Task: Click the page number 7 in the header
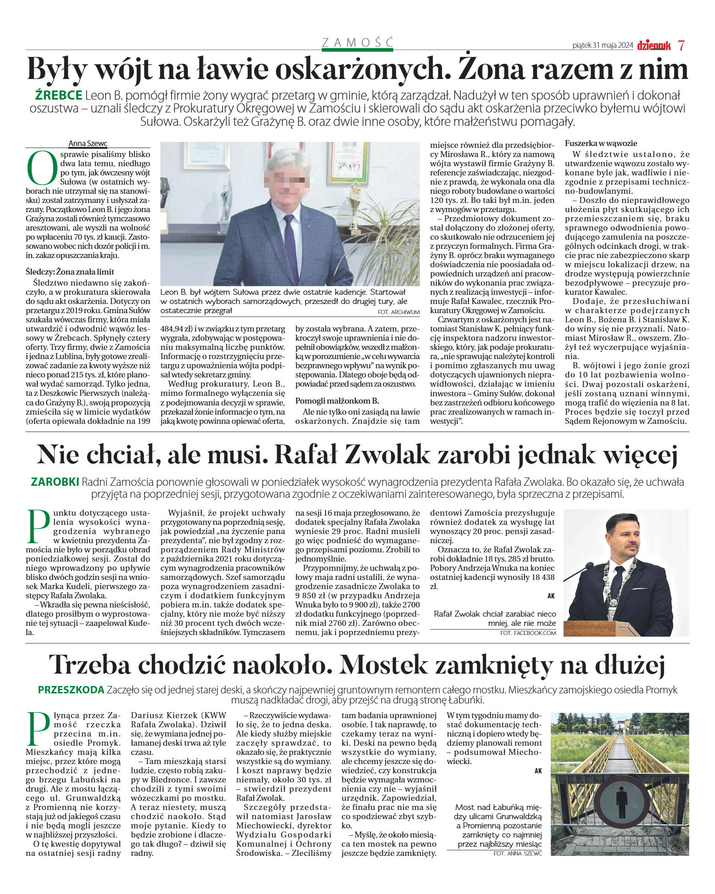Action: click(x=681, y=45)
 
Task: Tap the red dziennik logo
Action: click(x=654, y=45)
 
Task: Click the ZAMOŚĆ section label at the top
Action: click(x=357, y=43)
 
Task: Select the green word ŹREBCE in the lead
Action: click(x=58, y=96)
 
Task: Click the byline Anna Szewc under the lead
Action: click(x=88, y=144)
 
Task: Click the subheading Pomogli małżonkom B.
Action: click(x=337, y=400)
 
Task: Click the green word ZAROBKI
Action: click(x=55, y=482)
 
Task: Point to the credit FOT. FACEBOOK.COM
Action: click(x=528, y=633)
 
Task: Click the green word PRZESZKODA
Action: click(x=71, y=690)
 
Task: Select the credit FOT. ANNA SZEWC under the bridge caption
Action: click(x=518, y=853)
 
